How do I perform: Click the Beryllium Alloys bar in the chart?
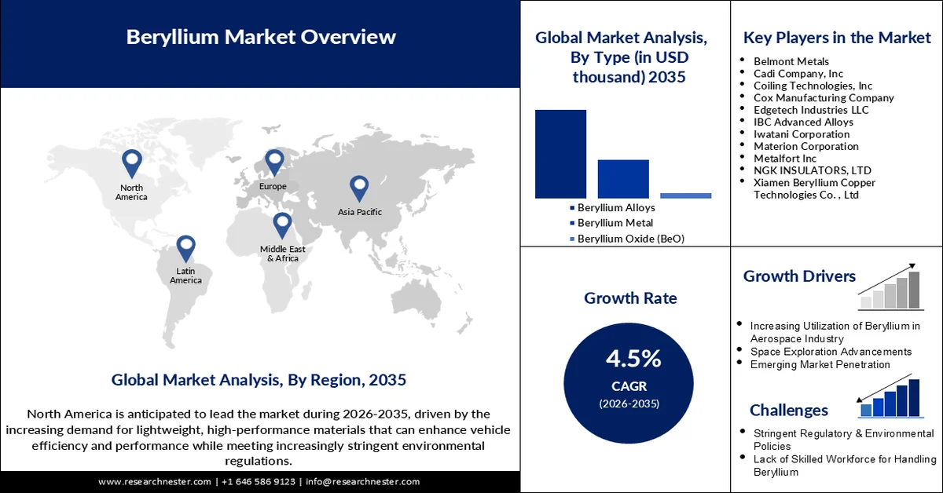560,154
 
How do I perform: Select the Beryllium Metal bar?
623,178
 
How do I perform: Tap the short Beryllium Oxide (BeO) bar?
685,195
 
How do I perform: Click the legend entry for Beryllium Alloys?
616,208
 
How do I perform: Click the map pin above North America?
131,163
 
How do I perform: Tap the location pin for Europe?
273,163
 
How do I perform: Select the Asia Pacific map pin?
359,188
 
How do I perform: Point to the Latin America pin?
185,248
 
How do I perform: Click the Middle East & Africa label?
283,254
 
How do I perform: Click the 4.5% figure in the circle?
633,359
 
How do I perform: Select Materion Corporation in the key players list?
805,146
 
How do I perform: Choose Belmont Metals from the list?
791,61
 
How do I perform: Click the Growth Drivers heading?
799,276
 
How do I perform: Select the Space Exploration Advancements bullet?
831,352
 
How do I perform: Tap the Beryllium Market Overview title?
261,37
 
